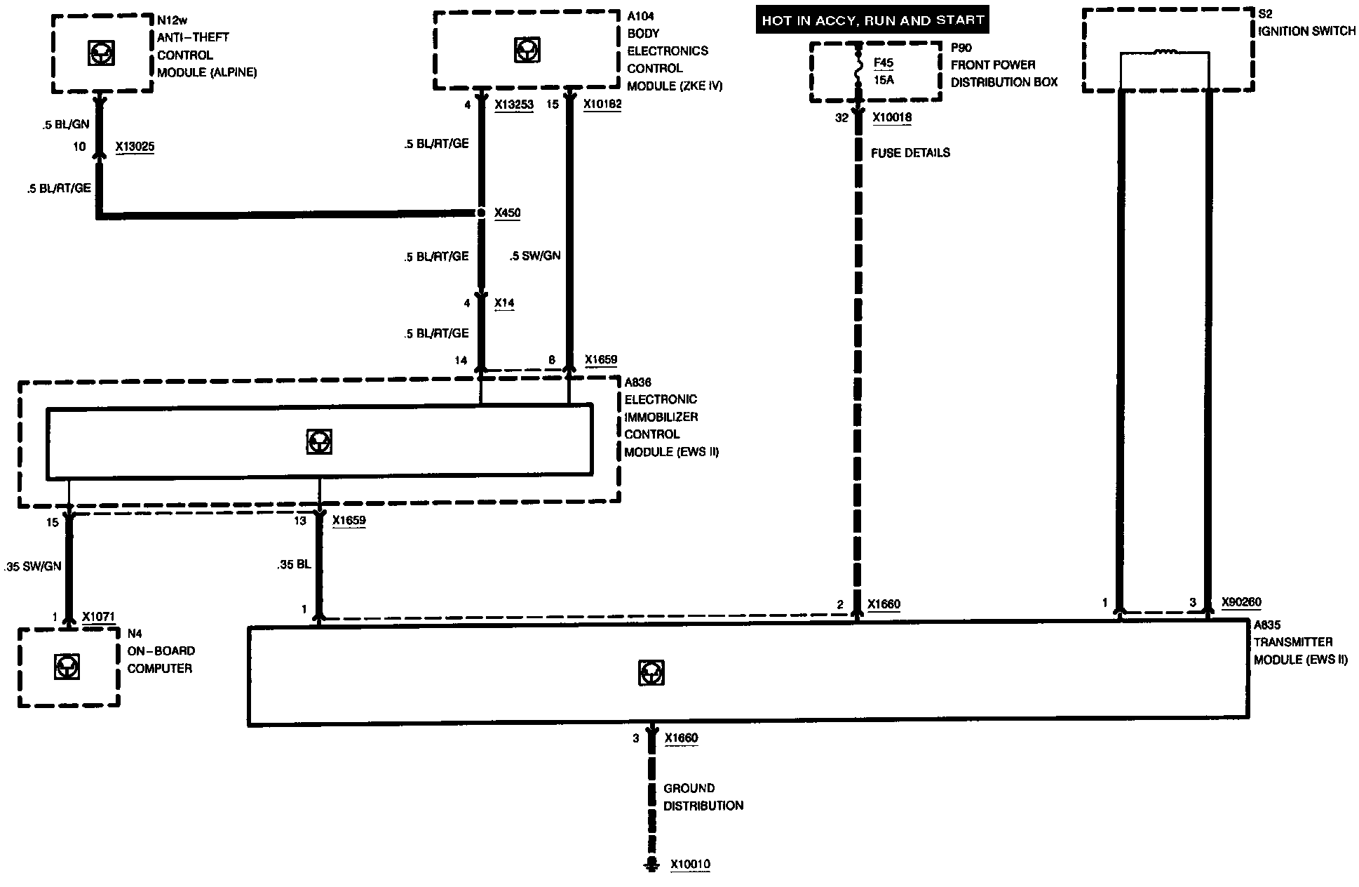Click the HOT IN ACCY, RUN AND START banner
872,20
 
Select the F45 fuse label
884,62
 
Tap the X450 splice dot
481,213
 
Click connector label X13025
135,147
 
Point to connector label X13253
514,105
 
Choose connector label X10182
602,104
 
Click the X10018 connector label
892,117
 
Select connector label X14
504,303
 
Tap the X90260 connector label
1241,602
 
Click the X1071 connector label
97,617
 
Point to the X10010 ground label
690,864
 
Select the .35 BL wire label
294,563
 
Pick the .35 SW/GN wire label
33,566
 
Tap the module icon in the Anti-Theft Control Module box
102,53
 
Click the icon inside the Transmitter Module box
651,672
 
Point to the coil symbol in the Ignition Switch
1165,51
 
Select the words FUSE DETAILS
910,152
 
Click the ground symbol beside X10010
651,864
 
